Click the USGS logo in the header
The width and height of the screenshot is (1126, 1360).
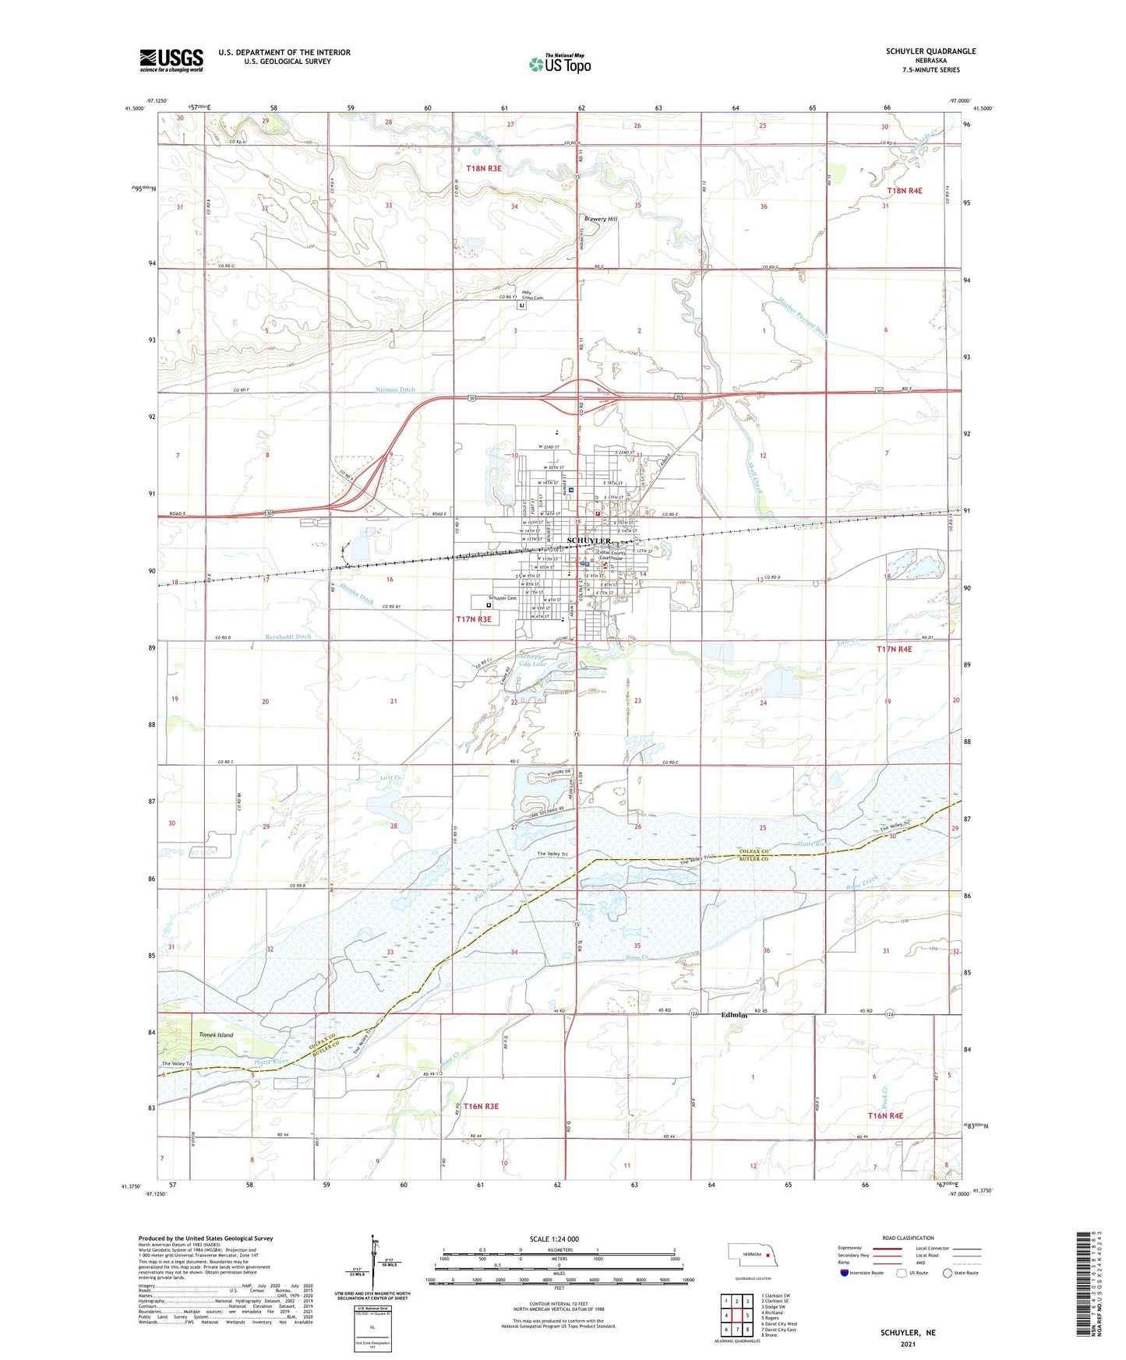pyautogui.click(x=171, y=59)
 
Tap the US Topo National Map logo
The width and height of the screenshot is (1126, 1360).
pyautogui.click(x=559, y=63)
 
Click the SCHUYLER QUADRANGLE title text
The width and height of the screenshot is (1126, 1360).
pyautogui.click(x=930, y=51)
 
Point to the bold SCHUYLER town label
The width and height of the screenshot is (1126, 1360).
pyautogui.click(x=588, y=541)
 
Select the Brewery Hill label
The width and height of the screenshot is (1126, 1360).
pyautogui.click(x=601, y=220)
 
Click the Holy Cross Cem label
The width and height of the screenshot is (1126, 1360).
pyautogui.click(x=532, y=295)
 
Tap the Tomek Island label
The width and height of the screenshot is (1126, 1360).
pyautogui.click(x=216, y=1035)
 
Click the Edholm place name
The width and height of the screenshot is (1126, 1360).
pyautogui.click(x=734, y=1016)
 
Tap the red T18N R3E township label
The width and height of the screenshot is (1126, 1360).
pyautogui.click(x=483, y=168)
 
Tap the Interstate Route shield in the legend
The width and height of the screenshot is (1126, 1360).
pyautogui.click(x=845, y=1273)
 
